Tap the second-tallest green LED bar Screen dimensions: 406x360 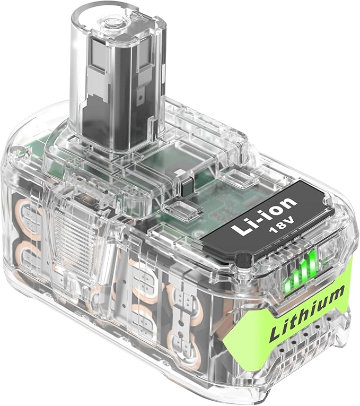pos(305,268)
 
